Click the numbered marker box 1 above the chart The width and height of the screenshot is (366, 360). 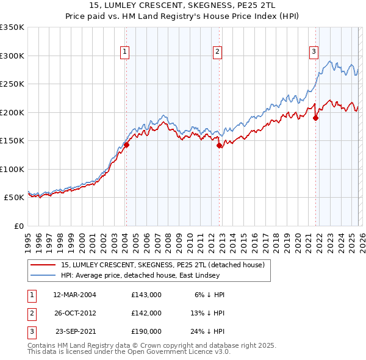coord(124,52)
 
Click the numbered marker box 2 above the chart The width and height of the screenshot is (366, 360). coord(217,52)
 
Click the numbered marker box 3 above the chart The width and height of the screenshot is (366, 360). coord(314,52)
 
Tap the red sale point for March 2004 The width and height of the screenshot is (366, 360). coord(127,145)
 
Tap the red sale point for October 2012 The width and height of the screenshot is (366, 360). coord(220,146)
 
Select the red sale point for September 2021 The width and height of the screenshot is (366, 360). coord(316,118)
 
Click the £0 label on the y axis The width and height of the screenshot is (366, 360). coord(18,226)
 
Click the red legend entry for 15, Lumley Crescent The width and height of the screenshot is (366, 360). coord(162,265)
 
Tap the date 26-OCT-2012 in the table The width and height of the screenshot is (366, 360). coord(74,312)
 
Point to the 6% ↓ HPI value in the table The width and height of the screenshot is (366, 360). coord(210,294)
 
